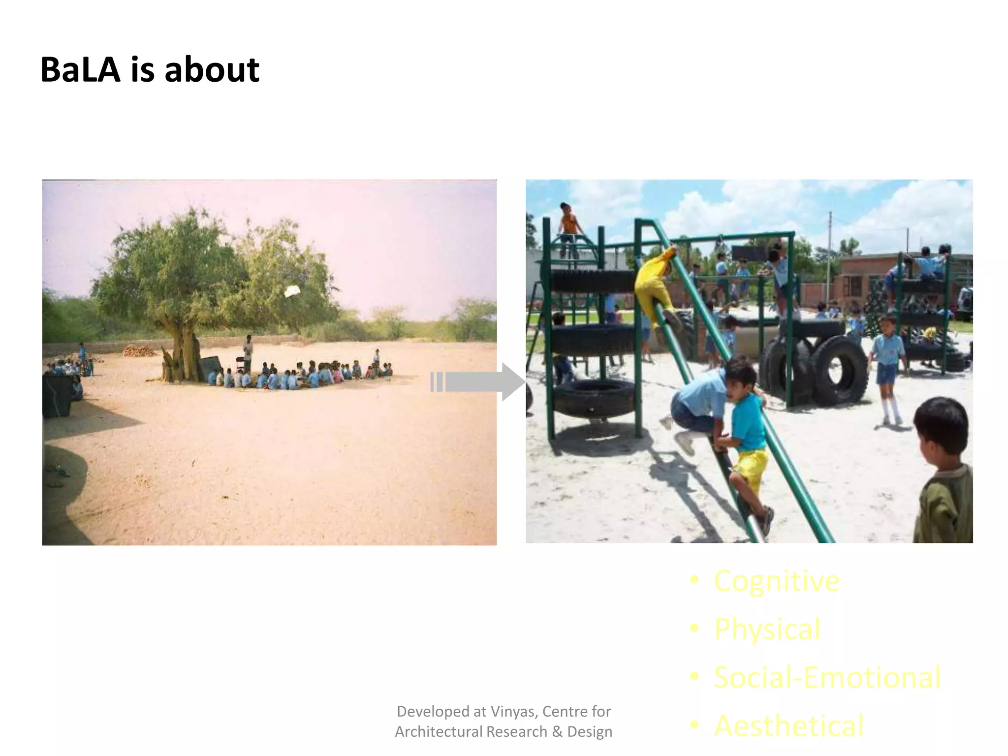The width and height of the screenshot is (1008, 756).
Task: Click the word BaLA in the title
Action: tap(80, 70)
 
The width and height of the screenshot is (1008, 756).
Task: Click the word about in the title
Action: tap(212, 70)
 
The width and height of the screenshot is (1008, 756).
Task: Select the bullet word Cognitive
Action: tap(777, 581)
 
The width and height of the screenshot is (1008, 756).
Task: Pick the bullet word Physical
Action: tap(767, 629)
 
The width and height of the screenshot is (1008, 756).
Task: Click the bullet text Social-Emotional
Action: tap(827, 677)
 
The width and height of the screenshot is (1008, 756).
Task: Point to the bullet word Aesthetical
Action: tap(788, 725)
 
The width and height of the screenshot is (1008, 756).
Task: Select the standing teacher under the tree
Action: tap(248, 352)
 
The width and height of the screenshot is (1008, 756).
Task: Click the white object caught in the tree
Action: tap(292, 291)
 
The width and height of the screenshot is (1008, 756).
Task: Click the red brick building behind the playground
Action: tap(866, 276)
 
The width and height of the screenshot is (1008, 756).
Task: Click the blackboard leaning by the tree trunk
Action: tap(209, 367)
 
